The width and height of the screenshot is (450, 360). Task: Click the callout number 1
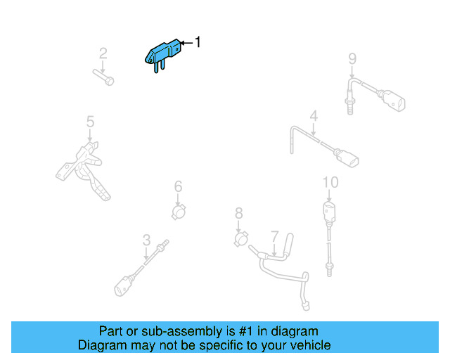tap(198, 43)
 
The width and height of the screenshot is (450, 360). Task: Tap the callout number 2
tap(103, 53)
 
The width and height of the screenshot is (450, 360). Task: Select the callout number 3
tap(146, 240)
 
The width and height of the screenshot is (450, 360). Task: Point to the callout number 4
tap(314, 116)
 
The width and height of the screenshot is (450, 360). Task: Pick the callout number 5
tap(90, 122)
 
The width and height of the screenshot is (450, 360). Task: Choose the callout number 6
tap(178, 186)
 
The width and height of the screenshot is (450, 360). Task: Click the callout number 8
tap(238, 212)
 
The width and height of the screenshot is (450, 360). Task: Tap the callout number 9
tap(352, 58)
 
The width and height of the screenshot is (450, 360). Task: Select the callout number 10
tap(330, 183)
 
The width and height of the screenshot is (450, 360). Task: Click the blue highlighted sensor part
tap(163, 53)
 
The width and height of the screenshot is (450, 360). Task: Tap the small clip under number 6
tap(180, 210)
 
